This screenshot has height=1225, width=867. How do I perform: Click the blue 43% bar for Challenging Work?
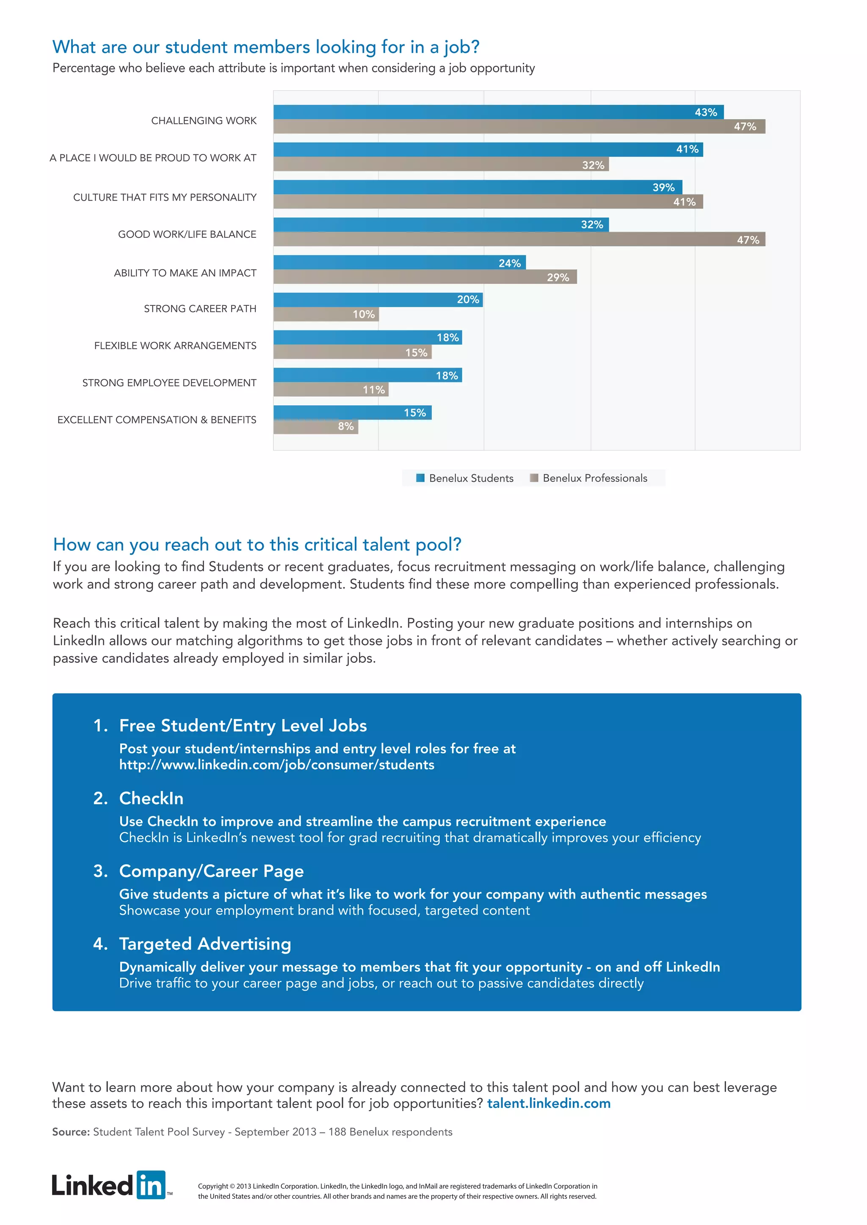(x=498, y=112)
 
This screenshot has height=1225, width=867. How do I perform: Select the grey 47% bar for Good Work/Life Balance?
(x=519, y=239)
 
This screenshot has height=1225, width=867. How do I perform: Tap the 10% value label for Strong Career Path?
(x=364, y=314)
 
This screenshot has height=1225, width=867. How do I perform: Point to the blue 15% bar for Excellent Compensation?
(x=352, y=412)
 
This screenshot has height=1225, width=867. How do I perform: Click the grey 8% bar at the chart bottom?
(x=315, y=426)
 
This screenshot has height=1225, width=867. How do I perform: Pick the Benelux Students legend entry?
(x=464, y=478)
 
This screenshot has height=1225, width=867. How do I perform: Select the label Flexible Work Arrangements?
(x=175, y=346)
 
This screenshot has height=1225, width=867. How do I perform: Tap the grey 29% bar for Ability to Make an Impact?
(x=425, y=277)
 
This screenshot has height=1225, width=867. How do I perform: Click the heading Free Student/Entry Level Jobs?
(x=243, y=725)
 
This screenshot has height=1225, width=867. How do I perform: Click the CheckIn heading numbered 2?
(x=151, y=798)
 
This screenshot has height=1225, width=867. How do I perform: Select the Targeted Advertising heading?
(x=205, y=944)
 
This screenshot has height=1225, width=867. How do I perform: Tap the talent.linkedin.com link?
(x=548, y=1103)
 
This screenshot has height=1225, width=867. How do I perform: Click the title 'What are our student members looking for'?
(x=265, y=47)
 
